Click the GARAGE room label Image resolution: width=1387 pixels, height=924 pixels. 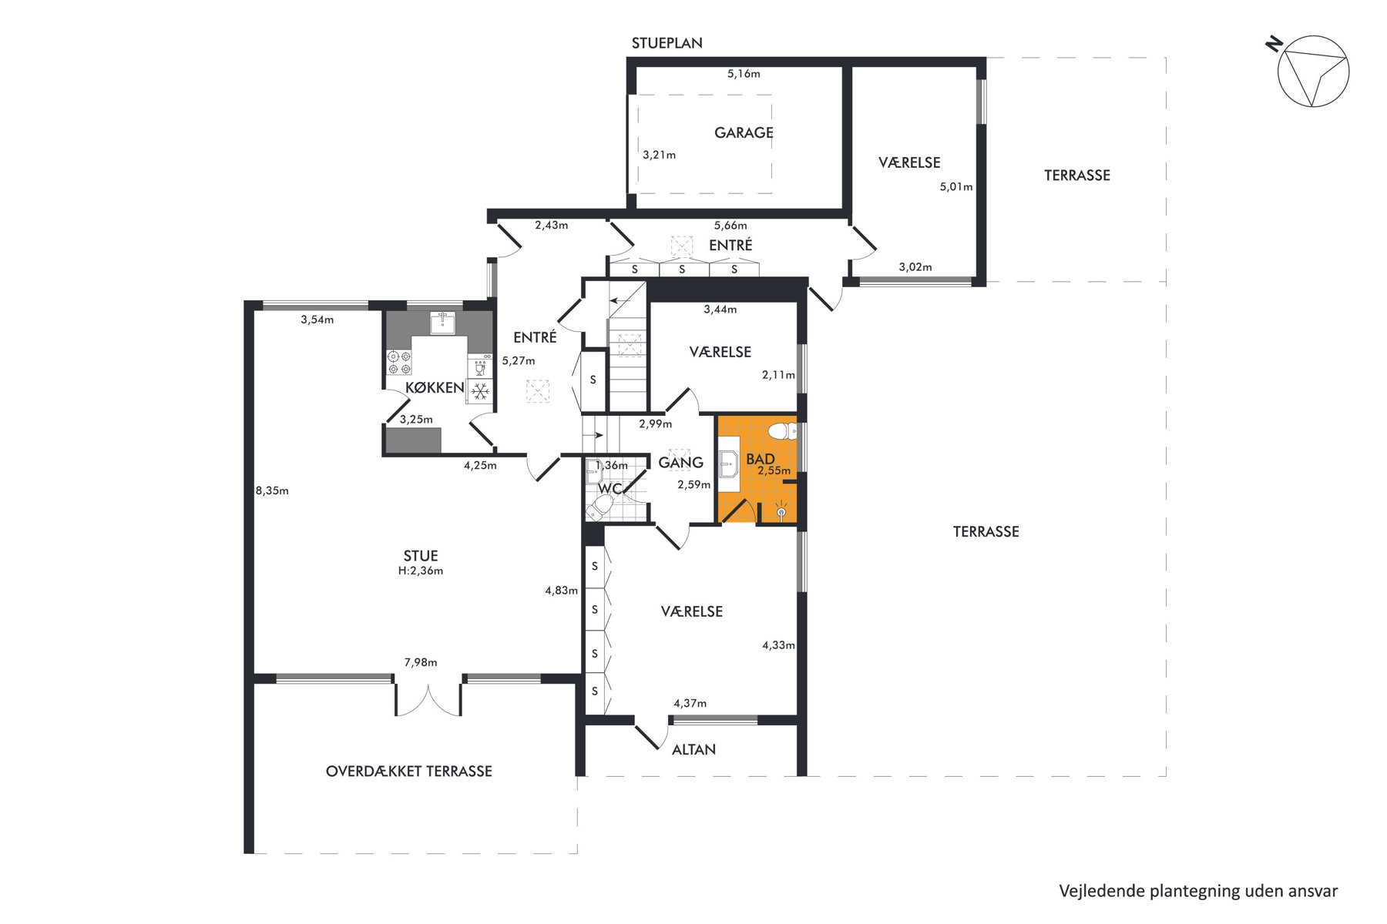coord(744,132)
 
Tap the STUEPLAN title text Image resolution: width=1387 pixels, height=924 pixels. coord(667,43)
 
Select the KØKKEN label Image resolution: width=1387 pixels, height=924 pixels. coord(435,387)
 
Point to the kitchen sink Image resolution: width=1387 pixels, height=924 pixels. coord(442,323)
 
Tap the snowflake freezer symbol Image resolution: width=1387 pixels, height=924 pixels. coord(480,392)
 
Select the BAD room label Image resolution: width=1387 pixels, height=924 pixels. coord(761,459)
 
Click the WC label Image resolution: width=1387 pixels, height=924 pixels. coord(610,488)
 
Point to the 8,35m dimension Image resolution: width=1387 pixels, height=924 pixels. coord(272,490)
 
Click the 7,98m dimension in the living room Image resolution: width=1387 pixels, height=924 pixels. coord(421,662)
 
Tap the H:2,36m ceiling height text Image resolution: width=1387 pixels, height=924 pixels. coord(421,571)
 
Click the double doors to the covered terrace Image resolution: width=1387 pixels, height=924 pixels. coord(428,699)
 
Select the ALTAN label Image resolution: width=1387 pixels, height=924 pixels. coord(693,749)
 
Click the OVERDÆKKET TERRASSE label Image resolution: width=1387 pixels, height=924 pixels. coord(409,771)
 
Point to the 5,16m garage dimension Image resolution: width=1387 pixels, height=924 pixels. coord(744,74)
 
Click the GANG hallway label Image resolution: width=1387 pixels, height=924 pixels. coord(680,462)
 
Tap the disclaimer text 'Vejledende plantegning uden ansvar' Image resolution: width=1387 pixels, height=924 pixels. coord(1198,891)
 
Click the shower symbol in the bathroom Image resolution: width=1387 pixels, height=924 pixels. coord(781,510)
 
